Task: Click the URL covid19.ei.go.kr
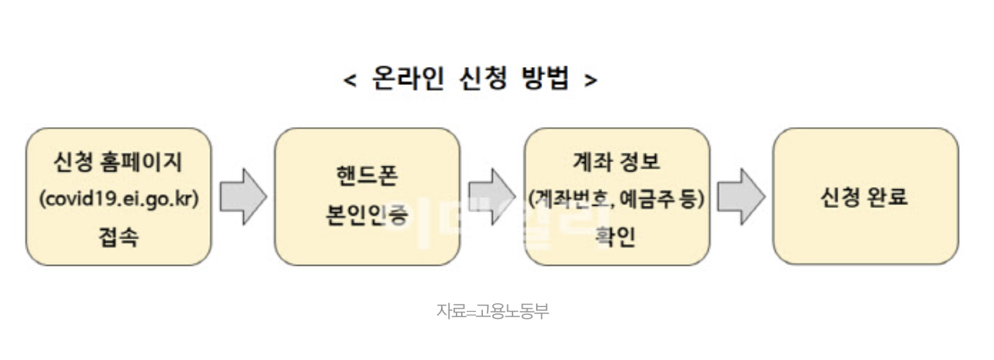point(119,198)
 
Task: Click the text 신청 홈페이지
point(118,162)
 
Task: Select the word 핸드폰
point(367,176)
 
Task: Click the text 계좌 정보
point(616,162)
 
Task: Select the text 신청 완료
point(865,197)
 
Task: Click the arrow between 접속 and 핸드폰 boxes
point(242,197)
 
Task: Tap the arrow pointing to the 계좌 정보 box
point(492,197)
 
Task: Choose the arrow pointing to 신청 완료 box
point(740,197)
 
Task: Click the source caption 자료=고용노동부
point(493,310)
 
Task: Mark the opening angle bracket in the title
point(350,79)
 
